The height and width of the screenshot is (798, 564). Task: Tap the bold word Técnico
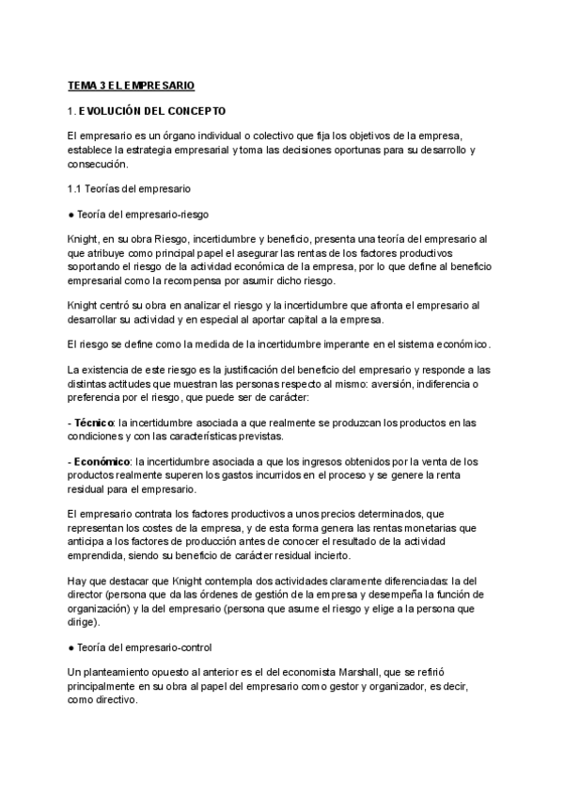click(x=95, y=422)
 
